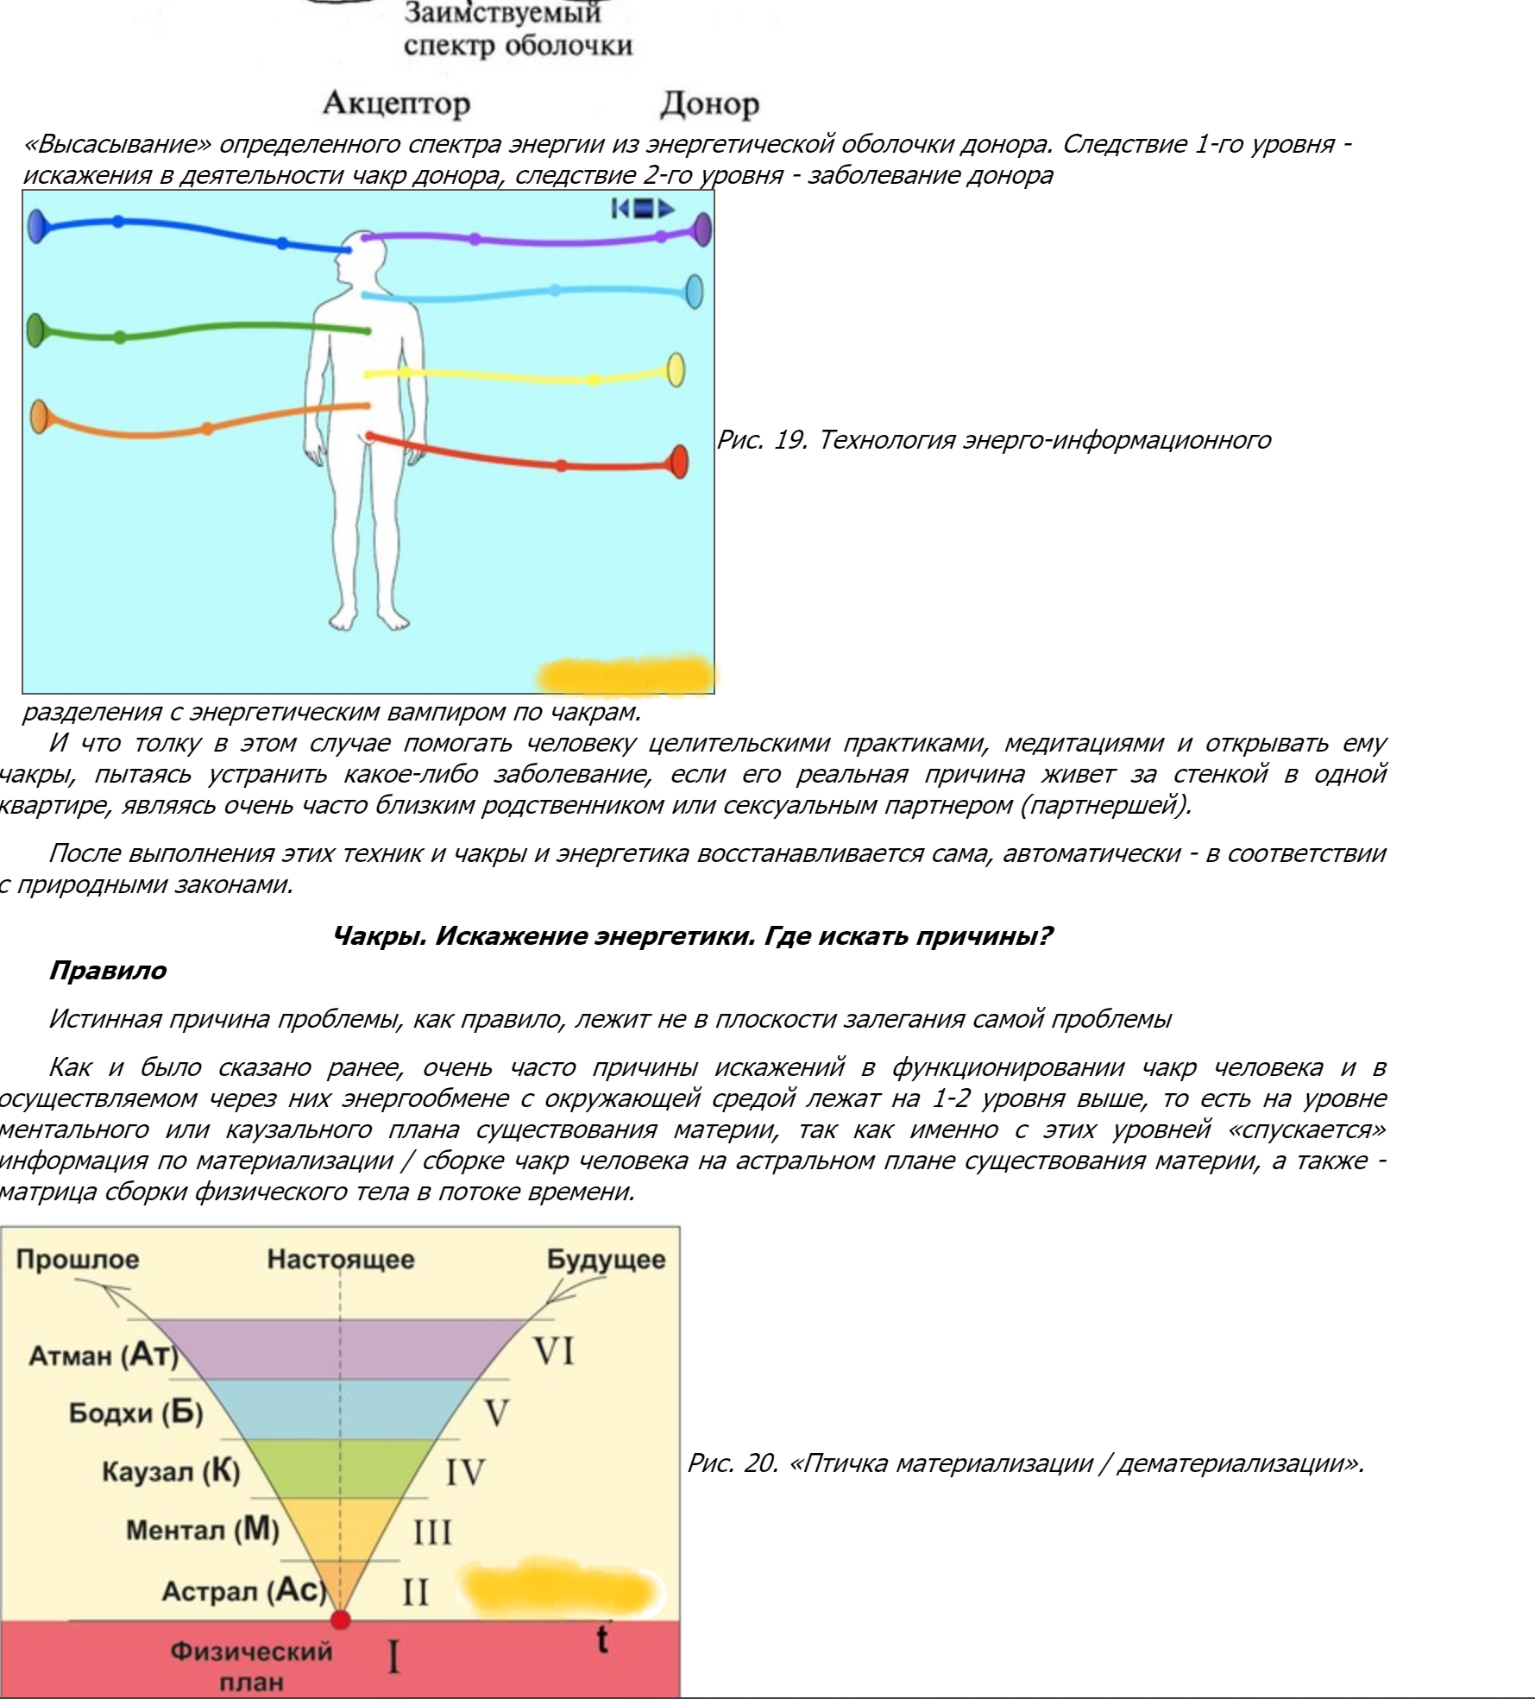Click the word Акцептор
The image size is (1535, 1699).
coord(396,104)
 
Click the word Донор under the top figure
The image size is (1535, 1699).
coord(709,104)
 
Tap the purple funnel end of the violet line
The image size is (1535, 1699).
coord(702,230)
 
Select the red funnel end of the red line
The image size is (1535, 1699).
coord(679,462)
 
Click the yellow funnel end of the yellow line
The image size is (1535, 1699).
coord(676,370)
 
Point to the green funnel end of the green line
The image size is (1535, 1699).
coord(35,330)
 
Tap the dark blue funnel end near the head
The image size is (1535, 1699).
coord(36,226)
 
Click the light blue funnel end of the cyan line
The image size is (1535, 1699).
coord(694,292)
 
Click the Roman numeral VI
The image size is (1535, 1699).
coord(553,1351)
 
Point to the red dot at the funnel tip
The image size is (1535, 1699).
coord(341,1619)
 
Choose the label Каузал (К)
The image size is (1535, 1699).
coord(171,1471)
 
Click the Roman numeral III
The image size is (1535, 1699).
coord(432,1532)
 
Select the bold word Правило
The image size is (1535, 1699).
coord(108,971)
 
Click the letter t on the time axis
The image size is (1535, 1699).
coord(601,1639)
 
